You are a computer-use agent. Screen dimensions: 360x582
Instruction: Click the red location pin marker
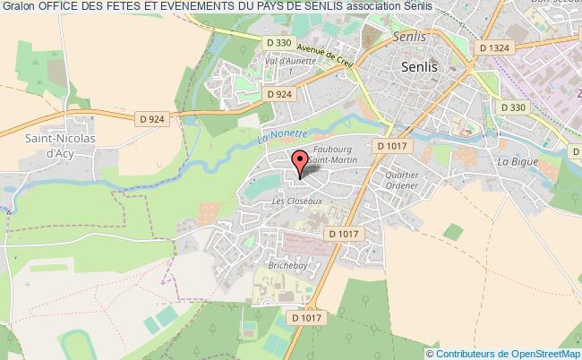pos(301,162)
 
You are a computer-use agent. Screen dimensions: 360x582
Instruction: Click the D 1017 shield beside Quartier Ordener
pos(392,146)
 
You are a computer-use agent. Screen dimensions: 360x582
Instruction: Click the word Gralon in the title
pos(17,7)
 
